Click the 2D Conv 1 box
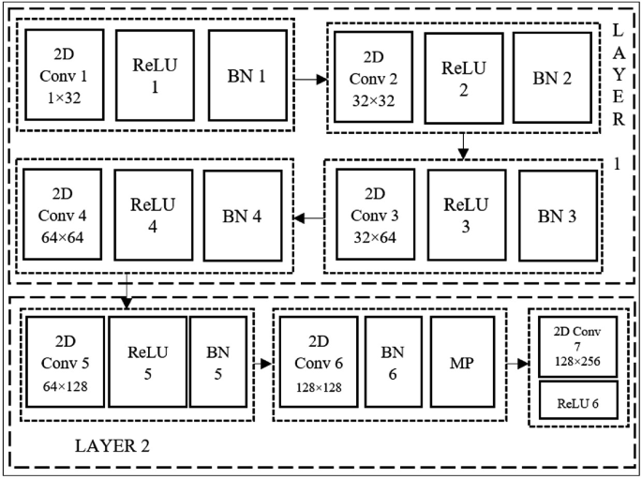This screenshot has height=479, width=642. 65,74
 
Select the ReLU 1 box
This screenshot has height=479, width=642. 155,74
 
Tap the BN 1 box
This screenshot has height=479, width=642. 247,75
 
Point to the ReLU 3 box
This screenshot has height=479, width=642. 466,217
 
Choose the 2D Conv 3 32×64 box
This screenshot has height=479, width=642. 374,217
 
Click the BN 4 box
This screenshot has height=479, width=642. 243,217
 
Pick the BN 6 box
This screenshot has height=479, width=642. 393,362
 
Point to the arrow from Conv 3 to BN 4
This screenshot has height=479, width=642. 309,218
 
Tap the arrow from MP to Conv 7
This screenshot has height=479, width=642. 517,364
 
